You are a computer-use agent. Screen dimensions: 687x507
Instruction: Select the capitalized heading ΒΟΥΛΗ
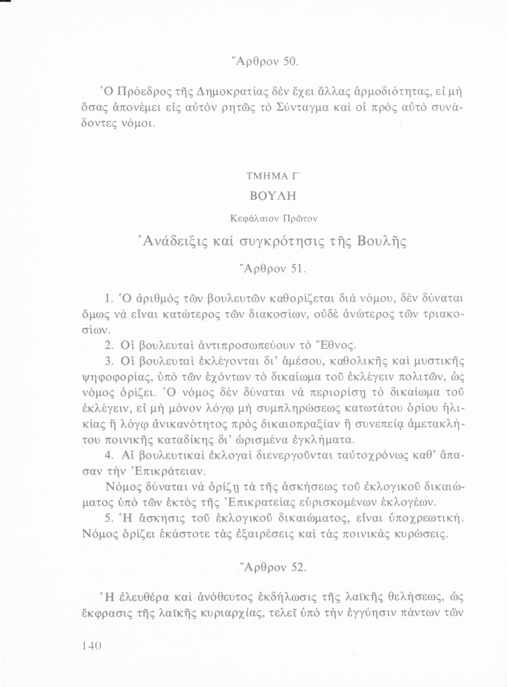point(268,196)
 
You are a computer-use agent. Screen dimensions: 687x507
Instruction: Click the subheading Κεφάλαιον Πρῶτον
point(268,218)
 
